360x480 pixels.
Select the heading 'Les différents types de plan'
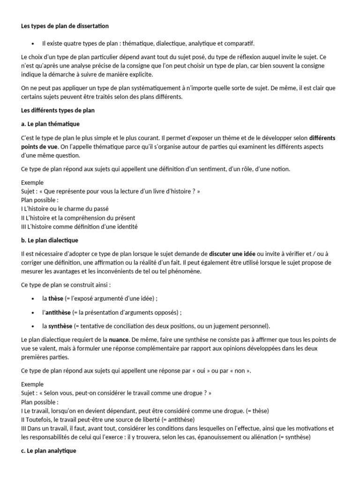58,111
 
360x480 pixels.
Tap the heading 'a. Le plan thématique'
50,124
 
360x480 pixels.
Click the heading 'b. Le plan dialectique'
50,240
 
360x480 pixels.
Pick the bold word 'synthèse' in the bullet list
60,326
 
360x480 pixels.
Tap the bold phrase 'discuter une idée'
232,254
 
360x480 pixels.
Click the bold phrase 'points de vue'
39,147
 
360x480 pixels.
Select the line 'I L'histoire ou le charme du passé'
65,209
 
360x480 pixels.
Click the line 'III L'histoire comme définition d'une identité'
79,226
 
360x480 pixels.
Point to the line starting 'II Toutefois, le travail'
108,419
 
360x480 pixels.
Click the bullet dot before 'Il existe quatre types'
32,44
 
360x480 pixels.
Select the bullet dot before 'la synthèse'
32,326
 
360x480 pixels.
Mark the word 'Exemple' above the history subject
32,182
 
